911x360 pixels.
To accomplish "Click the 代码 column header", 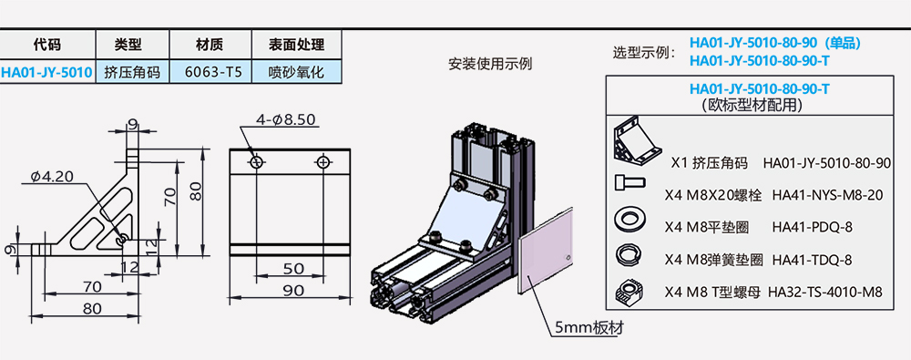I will [x=46, y=44].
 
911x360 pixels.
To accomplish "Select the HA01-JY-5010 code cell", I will [x=46, y=72].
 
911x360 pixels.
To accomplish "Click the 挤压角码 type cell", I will [x=132, y=72].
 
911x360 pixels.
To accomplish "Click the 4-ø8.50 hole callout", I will [x=285, y=119].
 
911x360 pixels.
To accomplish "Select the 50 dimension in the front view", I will [x=292, y=269].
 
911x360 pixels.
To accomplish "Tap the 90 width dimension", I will [x=292, y=291].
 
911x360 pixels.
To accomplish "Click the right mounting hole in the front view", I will [x=323, y=162].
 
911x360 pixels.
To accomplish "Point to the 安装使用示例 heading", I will [x=489, y=65].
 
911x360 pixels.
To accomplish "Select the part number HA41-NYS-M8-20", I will [x=827, y=194].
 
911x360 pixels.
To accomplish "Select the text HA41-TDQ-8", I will [x=812, y=260].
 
